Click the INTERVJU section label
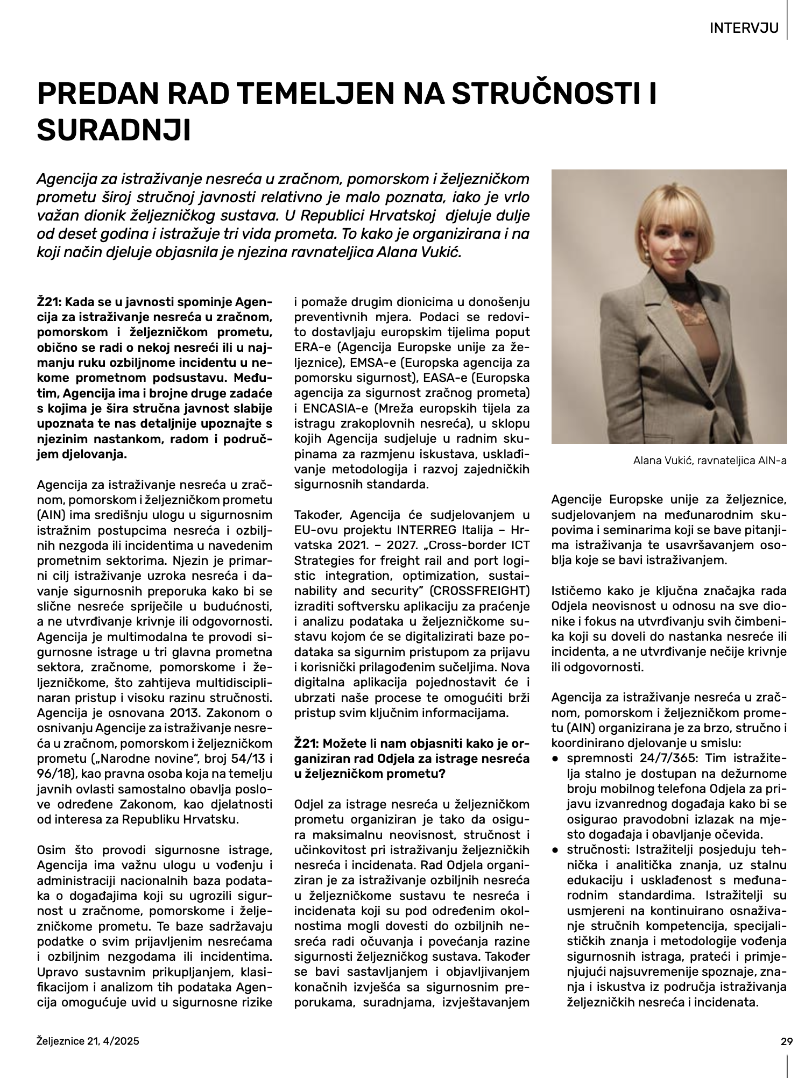(x=744, y=28)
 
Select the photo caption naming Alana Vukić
(x=710, y=460)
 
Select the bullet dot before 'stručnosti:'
(x=555, y=850)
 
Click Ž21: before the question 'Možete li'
(x=307, y=743)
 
